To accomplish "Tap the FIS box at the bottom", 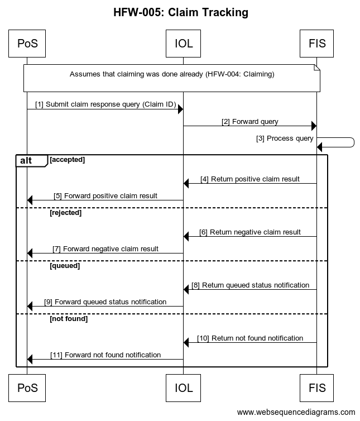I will pyautogui.click(x=316, y=387).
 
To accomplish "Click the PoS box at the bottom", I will pyautogui.click(x=27, y=387).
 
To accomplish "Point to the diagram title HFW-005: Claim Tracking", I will pyautogui.click(x=180, y=12).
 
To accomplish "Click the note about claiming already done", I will pyautogui.click(x=172, y=74).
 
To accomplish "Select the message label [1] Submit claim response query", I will pyautogui.click(x=105, y=104).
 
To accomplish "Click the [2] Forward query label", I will pyautogui.click(x=249, y=121).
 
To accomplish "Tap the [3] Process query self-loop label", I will pyautogui.click(x=285, y=138).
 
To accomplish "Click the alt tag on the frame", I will pyautogui.click(x=27, y=161).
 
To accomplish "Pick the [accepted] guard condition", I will pyautogui.click(x=67, y=160).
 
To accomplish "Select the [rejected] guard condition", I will pyautogui.click(x=65, y=213).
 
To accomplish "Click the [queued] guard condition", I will pyautogui.click(x=65, y=266).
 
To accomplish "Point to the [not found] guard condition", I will pyautogui.click(x=69, y=319).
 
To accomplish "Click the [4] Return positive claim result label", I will pyautogui.click(x=250, y=179).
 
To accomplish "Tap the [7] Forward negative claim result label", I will pyautogui.click(x=105, y=249).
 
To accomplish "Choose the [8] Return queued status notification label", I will pyautogui.click(x=250, y=285).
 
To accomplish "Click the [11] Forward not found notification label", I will pyautogui.click(x=105, y=355).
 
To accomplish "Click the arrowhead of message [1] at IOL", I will pyautogui.click(x=180, y=109).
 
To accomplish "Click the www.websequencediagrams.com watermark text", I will pyautogui.click(x=296, y=413).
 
